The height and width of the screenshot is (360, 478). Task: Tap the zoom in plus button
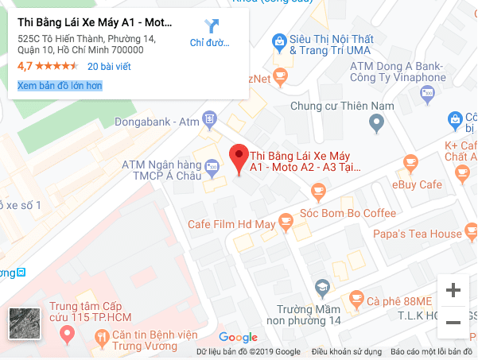453,290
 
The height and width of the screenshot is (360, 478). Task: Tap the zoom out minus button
453,322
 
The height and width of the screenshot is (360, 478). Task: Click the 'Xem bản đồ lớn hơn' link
60,85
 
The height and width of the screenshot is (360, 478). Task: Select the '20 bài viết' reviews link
109,66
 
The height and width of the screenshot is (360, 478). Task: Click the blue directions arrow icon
212,26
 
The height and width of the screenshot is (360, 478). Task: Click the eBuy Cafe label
416,184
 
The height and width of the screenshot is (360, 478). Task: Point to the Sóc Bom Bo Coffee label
348,213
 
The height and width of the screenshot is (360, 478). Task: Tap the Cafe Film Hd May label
231,224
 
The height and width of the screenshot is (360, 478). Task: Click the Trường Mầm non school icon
322,287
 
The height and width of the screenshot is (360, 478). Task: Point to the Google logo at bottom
238,338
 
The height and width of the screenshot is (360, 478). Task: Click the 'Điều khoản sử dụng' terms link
346,351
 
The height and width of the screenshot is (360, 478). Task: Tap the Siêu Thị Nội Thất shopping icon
278,40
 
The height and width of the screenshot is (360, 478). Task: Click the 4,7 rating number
24,66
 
